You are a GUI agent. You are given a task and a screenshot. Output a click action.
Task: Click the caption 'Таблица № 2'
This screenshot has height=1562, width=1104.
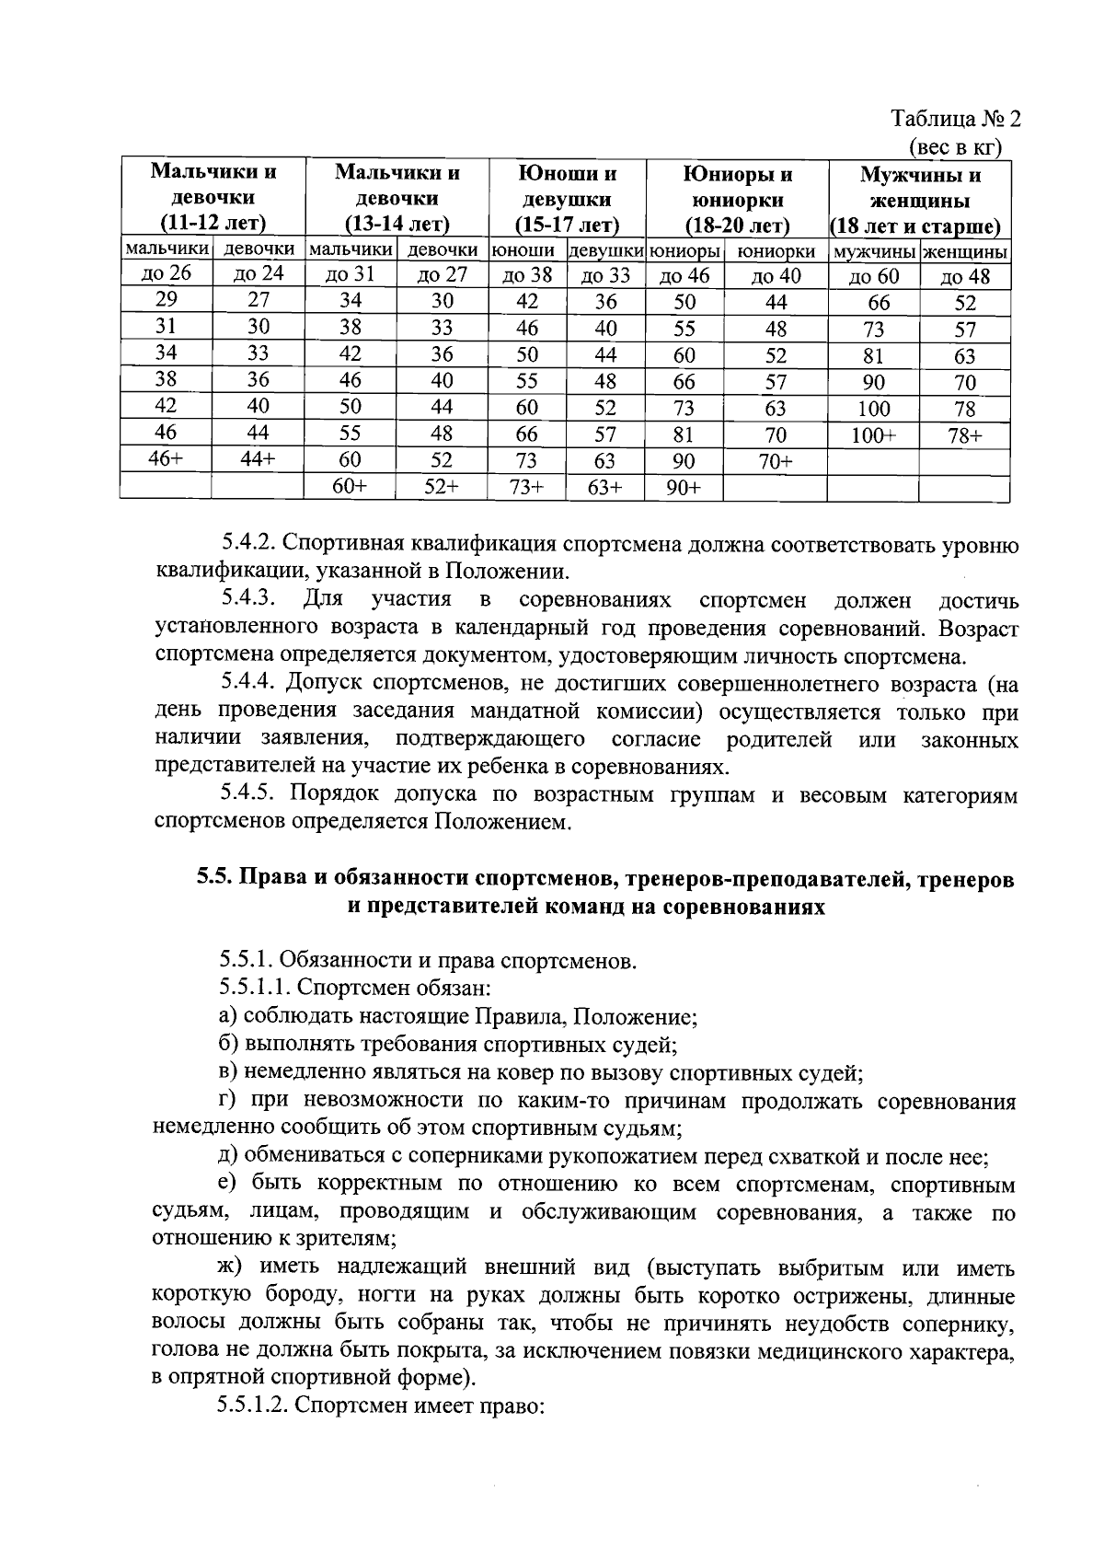[957, 119]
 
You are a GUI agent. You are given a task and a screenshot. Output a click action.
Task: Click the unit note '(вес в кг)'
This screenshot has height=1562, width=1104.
[955, 146]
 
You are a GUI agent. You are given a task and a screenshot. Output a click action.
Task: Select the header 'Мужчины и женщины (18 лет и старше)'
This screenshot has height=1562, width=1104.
[919, 200]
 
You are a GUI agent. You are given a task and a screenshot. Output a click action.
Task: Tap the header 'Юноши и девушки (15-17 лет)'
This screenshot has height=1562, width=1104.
[568, 200]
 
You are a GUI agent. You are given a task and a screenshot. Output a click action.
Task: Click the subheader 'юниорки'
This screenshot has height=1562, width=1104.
[776, 250]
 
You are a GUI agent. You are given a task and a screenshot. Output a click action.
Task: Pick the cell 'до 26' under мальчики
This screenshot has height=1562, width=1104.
[166, 273]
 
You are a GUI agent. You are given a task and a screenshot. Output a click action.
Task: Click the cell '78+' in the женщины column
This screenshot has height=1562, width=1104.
[964, 435]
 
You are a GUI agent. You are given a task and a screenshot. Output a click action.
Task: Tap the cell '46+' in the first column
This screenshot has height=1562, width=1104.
[166, 459]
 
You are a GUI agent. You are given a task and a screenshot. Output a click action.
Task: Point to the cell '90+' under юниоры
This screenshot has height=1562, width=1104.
[684, 488]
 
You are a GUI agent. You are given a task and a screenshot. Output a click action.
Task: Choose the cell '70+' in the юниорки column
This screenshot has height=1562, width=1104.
[776, 461]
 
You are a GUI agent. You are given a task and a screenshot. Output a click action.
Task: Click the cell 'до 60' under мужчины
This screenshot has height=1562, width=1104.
[873, 276]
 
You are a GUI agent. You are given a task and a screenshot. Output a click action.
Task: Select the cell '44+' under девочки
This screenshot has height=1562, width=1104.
[258, 459]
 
